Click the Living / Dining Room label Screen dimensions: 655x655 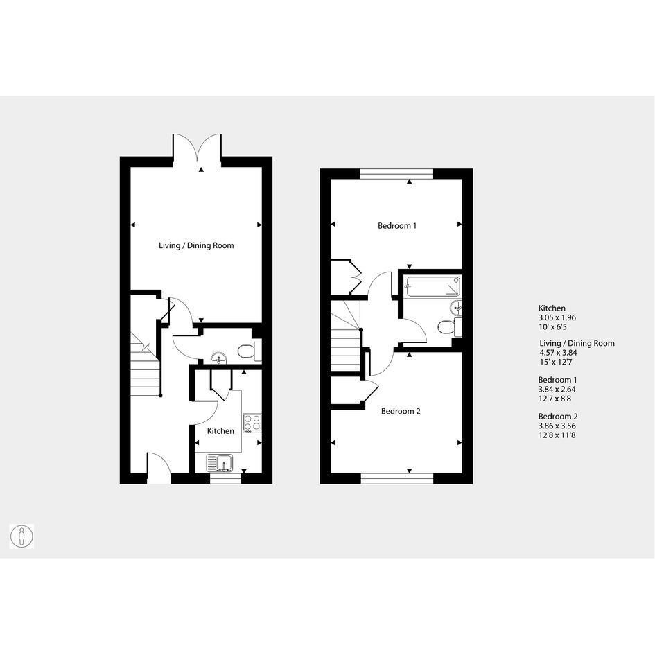pyautogui.click(x=196, y=245)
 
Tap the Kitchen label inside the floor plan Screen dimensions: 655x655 pyautogui.click(x=220, y=430)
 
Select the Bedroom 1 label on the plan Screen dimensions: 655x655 pyautogui.click(x=397, y=226)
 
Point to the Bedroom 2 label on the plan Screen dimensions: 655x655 pyautogui.click(x=401, y=412)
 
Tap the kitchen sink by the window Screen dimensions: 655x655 pyautogui.click(x=220, y=463)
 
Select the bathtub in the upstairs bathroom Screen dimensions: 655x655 pyautogui.click(x=434, y=286)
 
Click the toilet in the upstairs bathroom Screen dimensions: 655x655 pyautogui.click(x=449, y=326)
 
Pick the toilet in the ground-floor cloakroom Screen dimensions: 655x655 pyautogui.click(x=250, y=351)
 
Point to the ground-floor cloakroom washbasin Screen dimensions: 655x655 pyautogui.click(x=218, y=358)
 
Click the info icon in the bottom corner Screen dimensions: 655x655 pyautogui.click(x=21, y=536)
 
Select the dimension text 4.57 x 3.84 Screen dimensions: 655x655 pyautogui.click(x=558, y=353)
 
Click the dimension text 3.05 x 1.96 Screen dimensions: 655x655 pyautogui.click(x=557, y=317)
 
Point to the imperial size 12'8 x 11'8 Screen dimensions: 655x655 pyautogui.click(x=557, y=435)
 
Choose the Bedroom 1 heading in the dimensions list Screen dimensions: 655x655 pyautogui.click(x=558, y=380)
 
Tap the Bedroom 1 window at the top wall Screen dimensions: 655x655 pyautogui.click(x=396, y=174)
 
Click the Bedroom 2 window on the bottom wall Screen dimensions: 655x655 pyautogui.click(x=397, y=479)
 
